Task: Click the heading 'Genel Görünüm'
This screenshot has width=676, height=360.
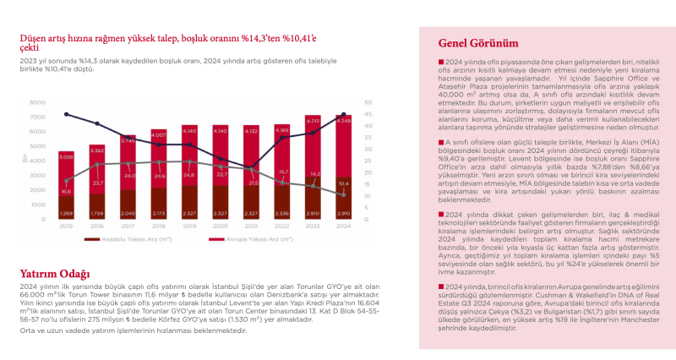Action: pos(478,43)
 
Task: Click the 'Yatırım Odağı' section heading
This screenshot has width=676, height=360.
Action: pos(56,274)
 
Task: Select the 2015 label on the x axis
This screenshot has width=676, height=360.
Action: pos(66,226)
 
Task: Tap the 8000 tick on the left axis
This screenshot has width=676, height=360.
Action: pos(38,102)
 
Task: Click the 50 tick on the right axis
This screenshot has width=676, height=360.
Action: pos(368,102)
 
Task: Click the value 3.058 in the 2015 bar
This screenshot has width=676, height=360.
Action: pos(66,157)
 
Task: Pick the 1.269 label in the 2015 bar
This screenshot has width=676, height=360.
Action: pos(66,213)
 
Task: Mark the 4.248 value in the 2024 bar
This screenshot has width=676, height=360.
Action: pos(343,121)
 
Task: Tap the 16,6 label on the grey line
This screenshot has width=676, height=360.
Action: pos(66,192)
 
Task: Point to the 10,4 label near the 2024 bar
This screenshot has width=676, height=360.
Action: pos(342,183)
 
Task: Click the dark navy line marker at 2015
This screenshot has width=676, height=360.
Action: pos(66,115)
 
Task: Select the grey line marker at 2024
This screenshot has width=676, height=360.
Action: pos(344,194)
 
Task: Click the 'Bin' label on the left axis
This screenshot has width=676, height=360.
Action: pos(25,158)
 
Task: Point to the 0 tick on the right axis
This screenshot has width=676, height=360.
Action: pos(366,219)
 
